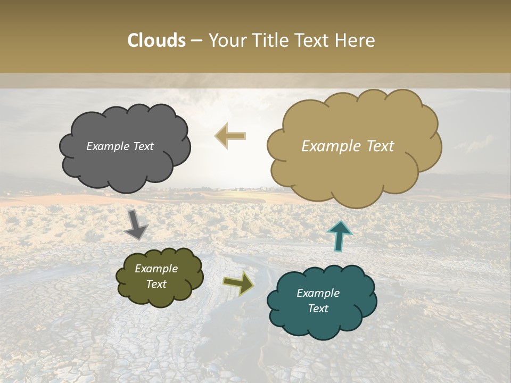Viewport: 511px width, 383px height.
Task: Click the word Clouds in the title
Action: [156, 40]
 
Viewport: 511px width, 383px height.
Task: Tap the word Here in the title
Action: [356, 40]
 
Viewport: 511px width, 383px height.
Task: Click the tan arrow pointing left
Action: [230, 136]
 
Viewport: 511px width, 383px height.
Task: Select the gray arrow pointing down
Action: [136, 226]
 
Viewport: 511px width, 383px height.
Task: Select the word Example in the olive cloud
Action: [156, 269]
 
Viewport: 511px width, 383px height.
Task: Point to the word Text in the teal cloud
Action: [318, 309]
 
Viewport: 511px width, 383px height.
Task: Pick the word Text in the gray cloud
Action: [143, 146]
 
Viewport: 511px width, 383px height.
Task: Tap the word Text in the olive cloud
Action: [156, 284]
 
